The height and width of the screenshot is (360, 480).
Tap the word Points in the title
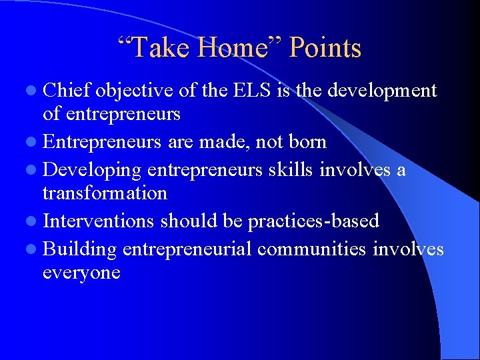326,48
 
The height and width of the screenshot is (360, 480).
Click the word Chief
67,91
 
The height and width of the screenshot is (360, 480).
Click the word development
381,91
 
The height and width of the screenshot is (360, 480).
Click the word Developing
92,169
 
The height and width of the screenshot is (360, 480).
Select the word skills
290,169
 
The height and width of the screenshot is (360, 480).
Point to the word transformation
105,193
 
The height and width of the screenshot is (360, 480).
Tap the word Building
80,248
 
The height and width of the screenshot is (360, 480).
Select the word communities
311,248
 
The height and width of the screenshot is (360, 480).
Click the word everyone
81,273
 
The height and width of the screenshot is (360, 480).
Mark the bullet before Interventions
33,221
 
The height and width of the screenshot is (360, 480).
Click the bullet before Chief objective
33,91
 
